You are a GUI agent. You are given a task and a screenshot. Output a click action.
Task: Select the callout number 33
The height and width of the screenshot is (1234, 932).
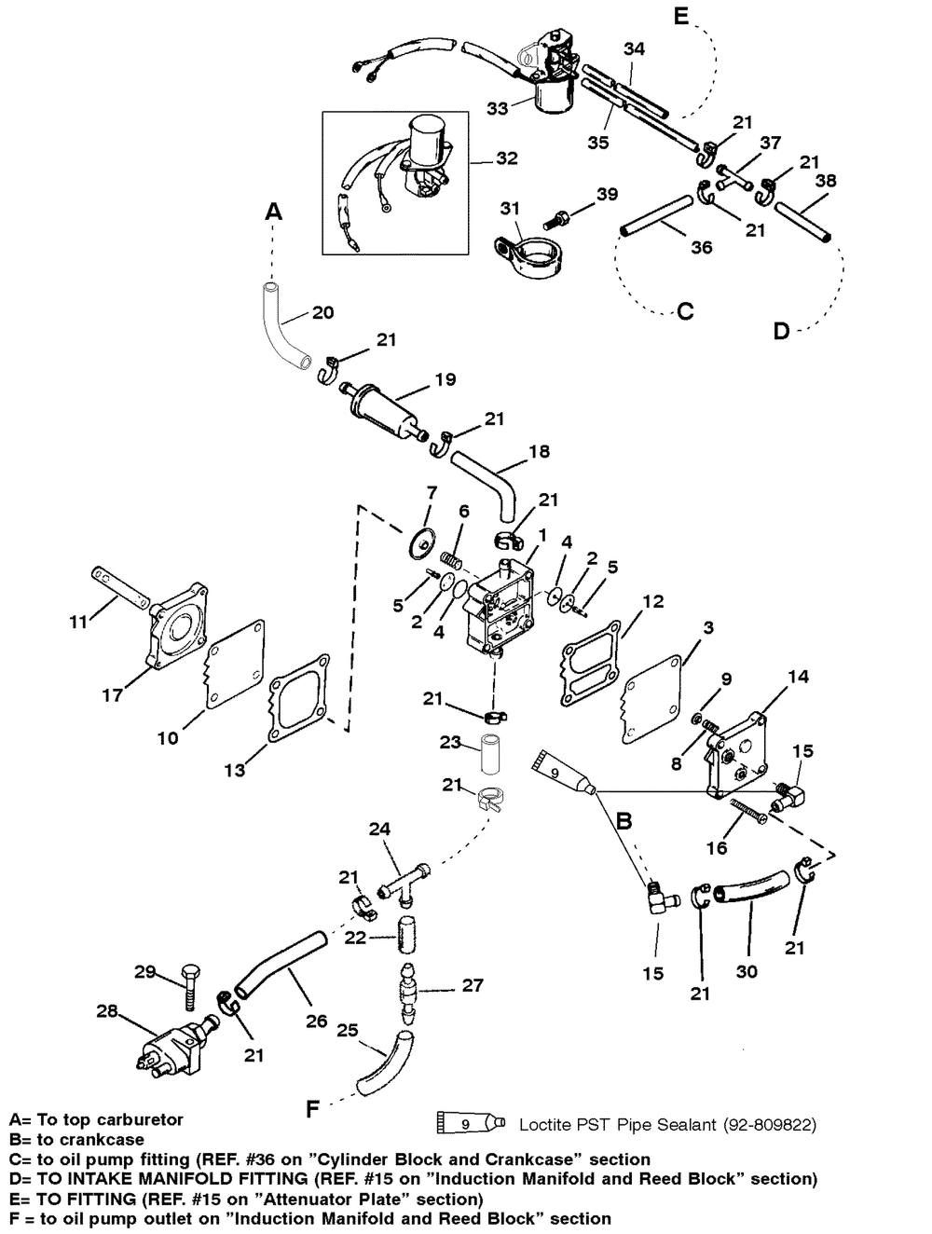[498, 108]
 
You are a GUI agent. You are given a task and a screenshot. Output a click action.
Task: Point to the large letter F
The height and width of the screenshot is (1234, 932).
[312, 1108]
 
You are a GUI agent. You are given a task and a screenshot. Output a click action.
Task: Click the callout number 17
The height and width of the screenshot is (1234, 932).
[112, 695]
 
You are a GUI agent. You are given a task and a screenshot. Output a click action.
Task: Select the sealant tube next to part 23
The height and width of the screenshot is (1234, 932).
[564, 773]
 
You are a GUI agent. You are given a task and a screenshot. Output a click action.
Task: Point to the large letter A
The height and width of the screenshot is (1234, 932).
[274, 212]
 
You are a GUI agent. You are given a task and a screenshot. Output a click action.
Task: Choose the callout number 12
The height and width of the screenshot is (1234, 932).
[652, 601]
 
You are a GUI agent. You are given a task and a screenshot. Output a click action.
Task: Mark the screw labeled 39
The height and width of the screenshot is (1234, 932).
[557, 219]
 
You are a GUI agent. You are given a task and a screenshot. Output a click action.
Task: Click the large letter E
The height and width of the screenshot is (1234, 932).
[680, 16]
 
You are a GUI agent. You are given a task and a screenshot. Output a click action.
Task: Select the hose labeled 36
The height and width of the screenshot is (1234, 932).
[655, 215]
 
